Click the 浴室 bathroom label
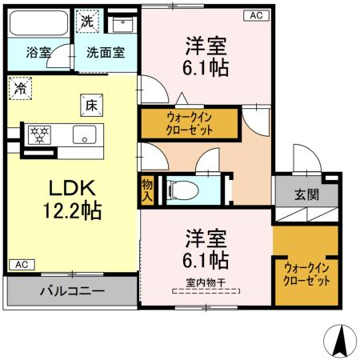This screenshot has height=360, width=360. click(38, 54)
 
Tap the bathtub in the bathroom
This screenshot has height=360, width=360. click(38, 24)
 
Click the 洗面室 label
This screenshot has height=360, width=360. click(105, 54)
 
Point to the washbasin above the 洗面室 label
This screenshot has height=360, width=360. click(122, 22)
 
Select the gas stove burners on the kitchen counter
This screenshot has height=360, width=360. click(38, 134)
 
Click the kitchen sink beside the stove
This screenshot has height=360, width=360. click(84, 134)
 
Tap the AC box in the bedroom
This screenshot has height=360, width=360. click(255, 15)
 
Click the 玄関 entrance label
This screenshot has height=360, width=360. click(306, 194)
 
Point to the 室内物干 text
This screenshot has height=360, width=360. click(206, 281)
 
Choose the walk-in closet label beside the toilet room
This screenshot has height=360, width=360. click(190, 123)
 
